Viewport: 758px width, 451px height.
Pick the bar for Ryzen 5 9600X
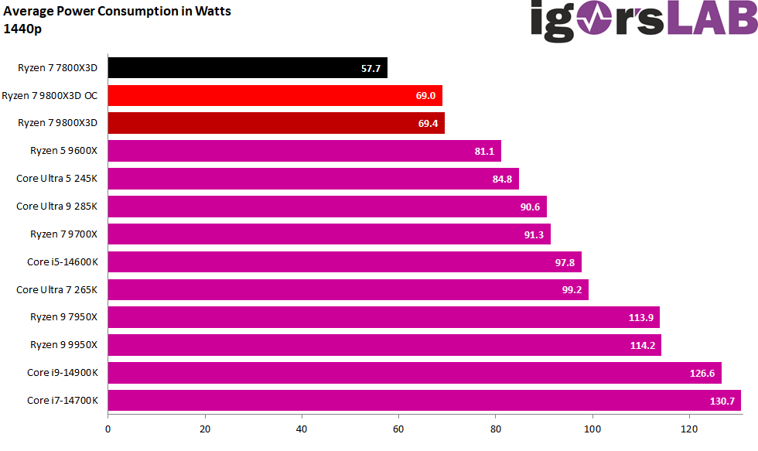pos(304,152)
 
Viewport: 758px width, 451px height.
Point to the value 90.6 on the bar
pos(531,207)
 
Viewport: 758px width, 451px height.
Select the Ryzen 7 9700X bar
pos(329,234)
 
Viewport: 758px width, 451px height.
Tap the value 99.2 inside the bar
pos(572,290)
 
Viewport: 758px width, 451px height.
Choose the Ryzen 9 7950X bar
pos(383,317)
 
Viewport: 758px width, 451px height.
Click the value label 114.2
pos(643,345)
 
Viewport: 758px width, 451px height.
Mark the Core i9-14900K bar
pos(414,373)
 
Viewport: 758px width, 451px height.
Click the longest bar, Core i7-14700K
pos(424,401)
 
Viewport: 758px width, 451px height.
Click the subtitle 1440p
pos(22,29)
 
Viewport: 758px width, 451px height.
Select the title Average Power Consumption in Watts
pos(117,12)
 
